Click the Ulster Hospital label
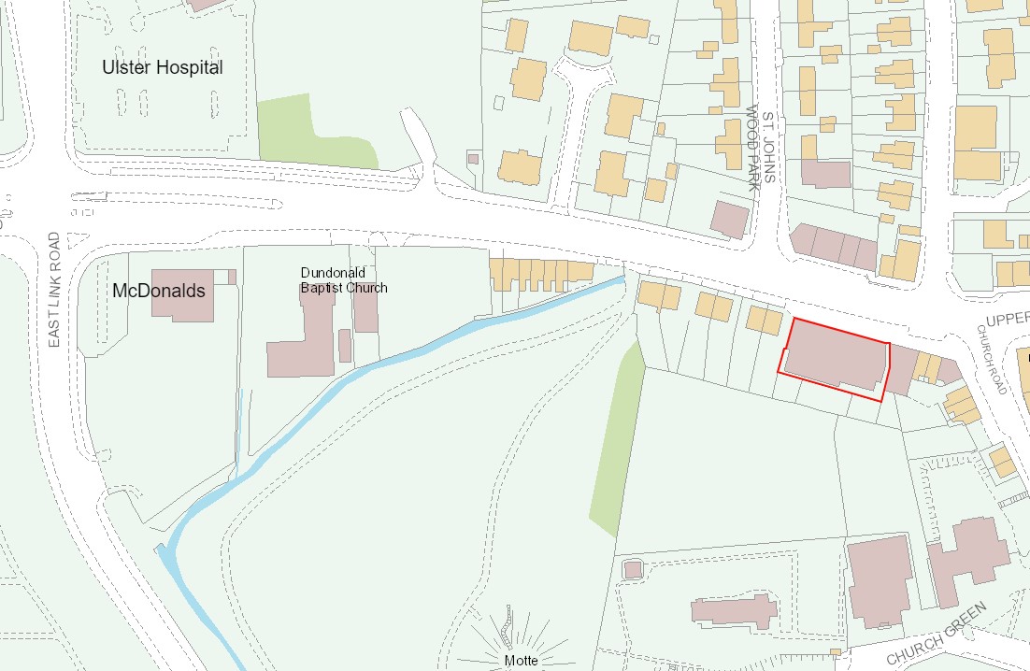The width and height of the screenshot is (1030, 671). click(163, 68)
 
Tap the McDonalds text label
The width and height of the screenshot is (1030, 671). click(158, 291)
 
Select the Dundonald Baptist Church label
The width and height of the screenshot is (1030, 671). click(343, 280)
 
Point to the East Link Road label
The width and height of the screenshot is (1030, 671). click(54, 290)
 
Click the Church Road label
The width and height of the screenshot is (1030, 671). click(992, 359)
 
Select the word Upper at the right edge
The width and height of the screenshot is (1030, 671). click(1008, 319)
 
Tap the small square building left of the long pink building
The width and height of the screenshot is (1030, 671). click(632, 568)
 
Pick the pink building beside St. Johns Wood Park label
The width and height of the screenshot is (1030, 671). click(729, 220)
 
